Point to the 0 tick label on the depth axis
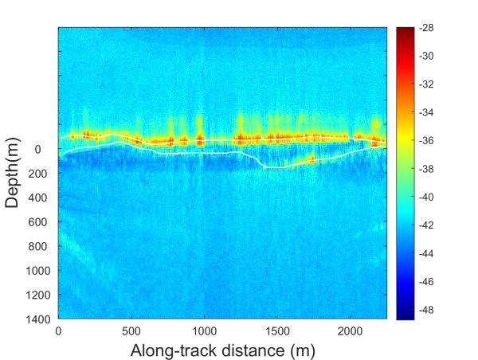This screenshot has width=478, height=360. [x=48, y=149]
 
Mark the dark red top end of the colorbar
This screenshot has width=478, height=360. [x=405, y=29]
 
